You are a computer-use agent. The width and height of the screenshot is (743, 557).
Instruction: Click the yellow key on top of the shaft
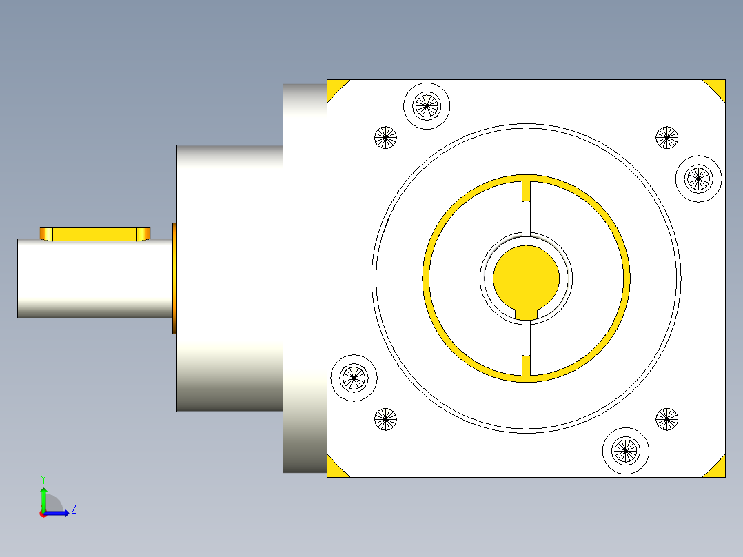pyautogui.click(x=95, y=234)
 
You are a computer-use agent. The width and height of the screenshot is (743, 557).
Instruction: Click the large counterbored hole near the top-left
pyautogui.click(x=426, y=105)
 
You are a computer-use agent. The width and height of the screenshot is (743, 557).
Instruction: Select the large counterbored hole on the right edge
pyautogui.click(x=698, y=179)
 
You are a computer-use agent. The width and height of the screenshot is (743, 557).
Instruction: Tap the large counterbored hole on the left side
pyautogui.click(x=354, y=377)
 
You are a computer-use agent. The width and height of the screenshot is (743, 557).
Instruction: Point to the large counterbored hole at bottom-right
pyautogui.click(x=626, y=450)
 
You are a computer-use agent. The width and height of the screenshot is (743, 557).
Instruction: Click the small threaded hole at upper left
pyautogui.click(x=386, y=137)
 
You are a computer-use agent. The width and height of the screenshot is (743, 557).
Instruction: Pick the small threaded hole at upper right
pyautogui.click(x=666, y=137)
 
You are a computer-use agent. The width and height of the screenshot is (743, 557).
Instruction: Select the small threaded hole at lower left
pyautogui.click(x=386, y=418)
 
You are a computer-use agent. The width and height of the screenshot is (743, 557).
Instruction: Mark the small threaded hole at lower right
pyautogui.click(x=666, y=418)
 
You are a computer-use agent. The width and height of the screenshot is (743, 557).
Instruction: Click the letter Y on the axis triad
pyautogui.click(x=43, y=478)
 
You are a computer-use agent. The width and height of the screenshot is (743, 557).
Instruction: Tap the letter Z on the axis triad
pyautogui.click(x=73, y=509)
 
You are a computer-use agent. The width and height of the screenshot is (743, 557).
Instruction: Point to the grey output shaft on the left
pyautogui.click(x=93, y=279)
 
